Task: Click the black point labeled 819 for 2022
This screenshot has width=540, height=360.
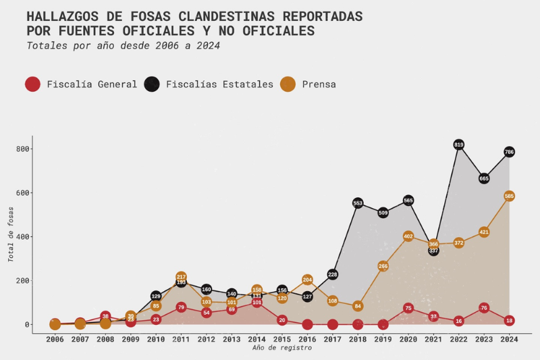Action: click(x=459, y=145)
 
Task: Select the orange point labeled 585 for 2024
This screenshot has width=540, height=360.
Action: click(x=509, y=196)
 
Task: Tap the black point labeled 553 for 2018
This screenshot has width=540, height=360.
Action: click(x=358, y=203)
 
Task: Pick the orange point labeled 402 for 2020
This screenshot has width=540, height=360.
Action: click(x=408, y=236)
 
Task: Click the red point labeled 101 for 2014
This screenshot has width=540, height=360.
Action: click(x=256, y=303)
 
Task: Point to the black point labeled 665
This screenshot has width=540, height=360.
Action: click(x=484, y=178)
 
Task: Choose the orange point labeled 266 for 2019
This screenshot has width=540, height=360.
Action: click(x=383, y=266)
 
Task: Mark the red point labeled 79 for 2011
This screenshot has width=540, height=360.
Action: click(x=181, y=307)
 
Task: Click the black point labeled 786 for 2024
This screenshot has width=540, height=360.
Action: click(x=509, y=152)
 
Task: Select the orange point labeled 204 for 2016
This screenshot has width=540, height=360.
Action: click(x=307, y=280)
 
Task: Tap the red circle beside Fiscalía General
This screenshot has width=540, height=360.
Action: click(x=32, y=84)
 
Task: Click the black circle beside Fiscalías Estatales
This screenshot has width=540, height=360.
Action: click(x=152, y=84)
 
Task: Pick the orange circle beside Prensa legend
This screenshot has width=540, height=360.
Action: click(x=288, y=84)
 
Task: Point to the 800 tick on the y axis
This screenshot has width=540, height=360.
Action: click(x=22, y=149)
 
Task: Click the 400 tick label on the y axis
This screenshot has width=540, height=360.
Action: click(x=22, y=237)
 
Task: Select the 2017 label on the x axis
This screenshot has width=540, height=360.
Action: click(x=333, y=339)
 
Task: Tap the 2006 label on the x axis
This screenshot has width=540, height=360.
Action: click(x=55, y=339)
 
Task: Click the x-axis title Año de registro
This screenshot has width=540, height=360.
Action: click(x=282, y=348)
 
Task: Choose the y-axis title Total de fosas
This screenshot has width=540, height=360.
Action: click(x=11, y=237)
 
